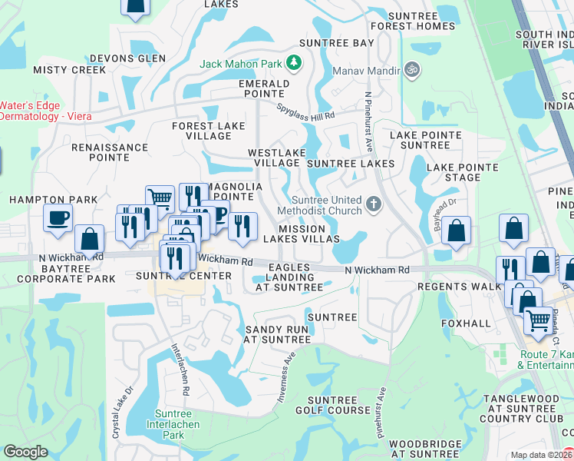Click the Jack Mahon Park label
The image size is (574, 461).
click(x=242, y=64)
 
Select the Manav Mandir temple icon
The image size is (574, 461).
click(x=412, y=71)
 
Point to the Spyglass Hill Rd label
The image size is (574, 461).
click(x=306, y=111)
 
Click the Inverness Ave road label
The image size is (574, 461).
click(x=285, y=378)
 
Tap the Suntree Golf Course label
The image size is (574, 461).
click(x=339, y=405)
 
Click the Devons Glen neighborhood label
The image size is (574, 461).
click(x=127, y=58)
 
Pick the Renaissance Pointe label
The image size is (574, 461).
click(x=110, y=152)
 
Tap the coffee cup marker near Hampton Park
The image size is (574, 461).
click(x=58, y=218)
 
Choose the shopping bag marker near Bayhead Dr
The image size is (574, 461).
click(x=456, y=230)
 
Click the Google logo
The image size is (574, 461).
click(x=25, y=452)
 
